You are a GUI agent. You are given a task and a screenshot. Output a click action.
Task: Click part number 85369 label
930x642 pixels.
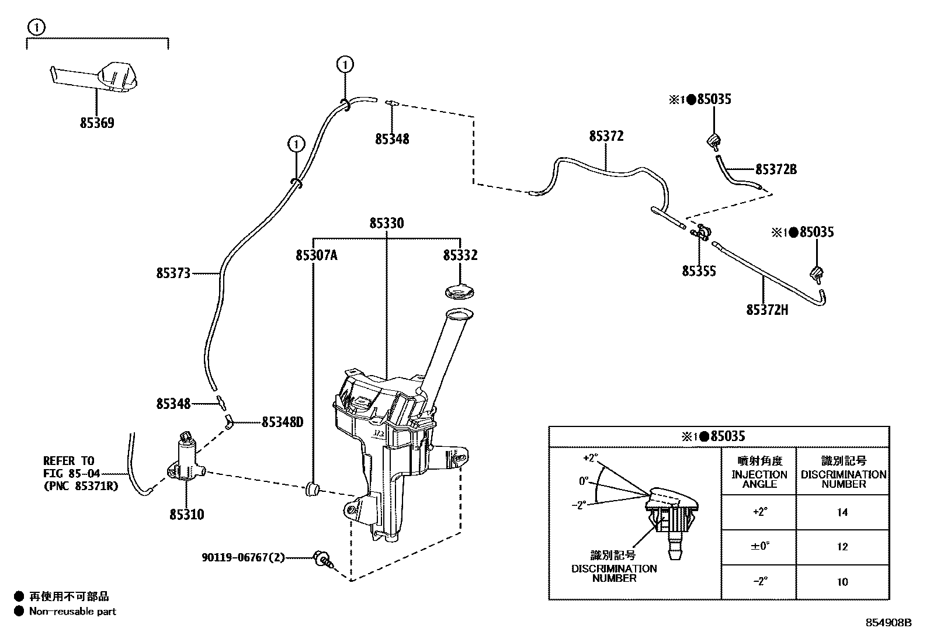point(98,123)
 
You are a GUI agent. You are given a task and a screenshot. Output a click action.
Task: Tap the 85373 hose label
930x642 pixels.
point(173,273)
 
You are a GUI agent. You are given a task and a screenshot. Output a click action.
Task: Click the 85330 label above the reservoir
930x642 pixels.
point(387,223)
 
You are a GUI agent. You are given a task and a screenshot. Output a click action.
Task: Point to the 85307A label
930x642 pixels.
point(317,255)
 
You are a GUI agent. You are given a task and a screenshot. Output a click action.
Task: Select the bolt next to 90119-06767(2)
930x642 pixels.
point(321,558)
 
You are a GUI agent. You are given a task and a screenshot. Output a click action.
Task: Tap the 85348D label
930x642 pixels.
point(282,422)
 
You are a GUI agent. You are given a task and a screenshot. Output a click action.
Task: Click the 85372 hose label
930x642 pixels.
point(606,136)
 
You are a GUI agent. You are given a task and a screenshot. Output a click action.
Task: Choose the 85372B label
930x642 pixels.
point(776,170)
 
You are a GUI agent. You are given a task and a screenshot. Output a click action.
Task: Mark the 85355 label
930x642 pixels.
point(699,271)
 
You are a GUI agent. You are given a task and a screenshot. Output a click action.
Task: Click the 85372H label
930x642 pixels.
point(767,310)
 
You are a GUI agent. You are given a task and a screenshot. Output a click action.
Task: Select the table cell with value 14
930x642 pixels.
point(842,512)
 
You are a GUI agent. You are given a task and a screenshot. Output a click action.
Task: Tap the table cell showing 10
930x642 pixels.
point(842,582)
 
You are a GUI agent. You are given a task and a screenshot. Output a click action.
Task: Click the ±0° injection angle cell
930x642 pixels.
point(759,547)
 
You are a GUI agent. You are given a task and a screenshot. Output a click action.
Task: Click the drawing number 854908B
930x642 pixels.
point(888,623)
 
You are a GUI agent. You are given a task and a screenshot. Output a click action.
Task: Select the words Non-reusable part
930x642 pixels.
point(72,612)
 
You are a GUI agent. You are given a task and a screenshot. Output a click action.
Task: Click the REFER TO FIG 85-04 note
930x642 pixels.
point(81,473)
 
